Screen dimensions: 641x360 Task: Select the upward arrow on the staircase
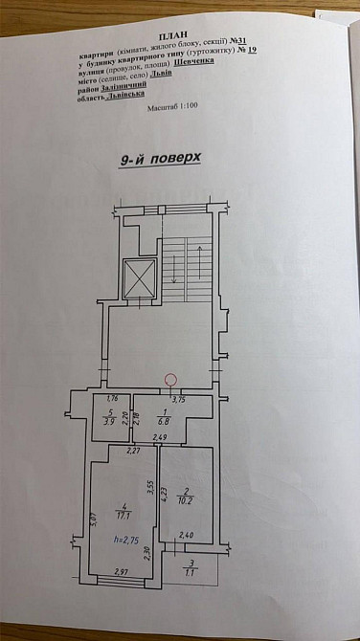(198, 254)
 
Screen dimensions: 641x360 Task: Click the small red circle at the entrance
(171, 379)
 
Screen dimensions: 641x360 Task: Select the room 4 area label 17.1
(121, 514)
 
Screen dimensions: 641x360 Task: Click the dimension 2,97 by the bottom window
(121, 572)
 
